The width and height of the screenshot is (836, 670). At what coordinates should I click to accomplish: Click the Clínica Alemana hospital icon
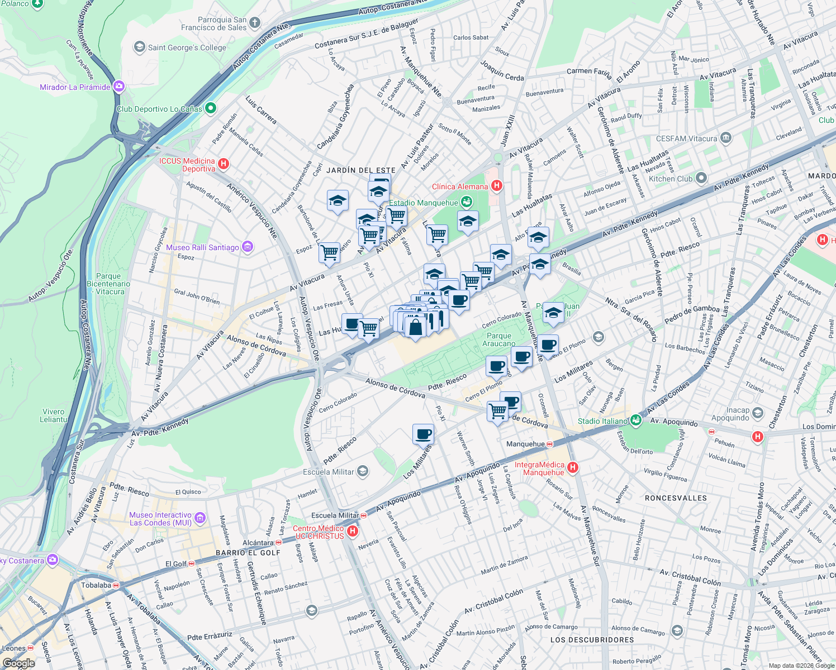[497, 186]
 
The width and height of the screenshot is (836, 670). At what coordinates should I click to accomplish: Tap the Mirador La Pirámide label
[75, 87]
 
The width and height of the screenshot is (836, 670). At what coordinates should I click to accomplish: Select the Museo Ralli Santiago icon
[248, 247]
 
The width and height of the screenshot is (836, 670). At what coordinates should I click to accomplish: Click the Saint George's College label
[187, 47]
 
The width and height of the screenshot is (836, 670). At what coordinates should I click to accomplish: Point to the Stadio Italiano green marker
[636, 420]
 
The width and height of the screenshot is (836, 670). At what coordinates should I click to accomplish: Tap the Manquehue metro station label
[525, 444]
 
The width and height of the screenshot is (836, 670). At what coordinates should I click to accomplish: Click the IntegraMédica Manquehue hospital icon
[572, 468]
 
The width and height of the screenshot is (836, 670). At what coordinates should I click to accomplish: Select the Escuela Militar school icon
[363, 472]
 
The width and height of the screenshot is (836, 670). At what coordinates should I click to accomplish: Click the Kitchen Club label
[671, 179]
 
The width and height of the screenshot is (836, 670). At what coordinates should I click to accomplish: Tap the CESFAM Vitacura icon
[725, 137]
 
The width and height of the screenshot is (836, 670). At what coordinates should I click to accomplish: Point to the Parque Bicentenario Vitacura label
[108, 284]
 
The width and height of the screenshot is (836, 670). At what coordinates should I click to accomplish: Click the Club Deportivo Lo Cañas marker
[211, 108]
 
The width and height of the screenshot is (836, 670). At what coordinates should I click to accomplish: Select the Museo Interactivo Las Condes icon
[200, 518]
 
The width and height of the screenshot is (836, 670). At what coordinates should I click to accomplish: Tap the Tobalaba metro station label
[96, 585]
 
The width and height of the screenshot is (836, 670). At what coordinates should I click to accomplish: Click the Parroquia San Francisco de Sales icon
[255, 23]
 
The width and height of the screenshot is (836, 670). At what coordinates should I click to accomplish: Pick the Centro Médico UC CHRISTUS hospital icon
[353, 531]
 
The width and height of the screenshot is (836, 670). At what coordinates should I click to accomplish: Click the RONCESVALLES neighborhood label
[676, 497]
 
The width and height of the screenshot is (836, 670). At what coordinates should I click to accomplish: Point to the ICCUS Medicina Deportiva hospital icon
[224, 164]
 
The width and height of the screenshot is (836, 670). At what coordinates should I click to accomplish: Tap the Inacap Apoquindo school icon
[758, 413]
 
